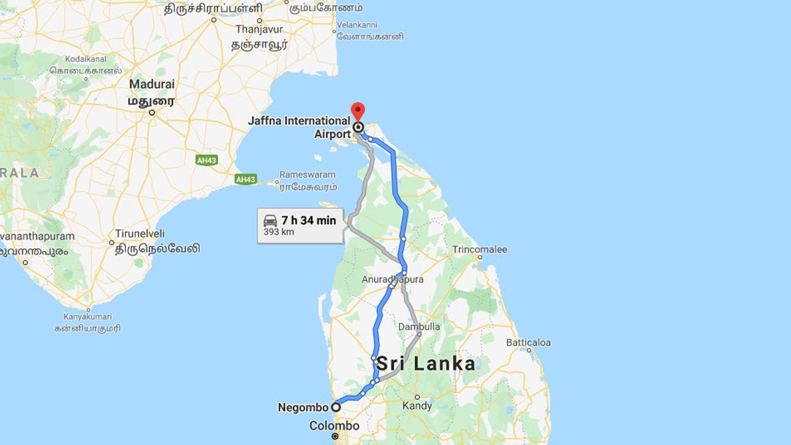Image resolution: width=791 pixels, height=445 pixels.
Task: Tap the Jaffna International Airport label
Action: pyautogui.click(x=299, y=127)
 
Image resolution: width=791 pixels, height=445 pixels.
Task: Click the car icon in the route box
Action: pyautogui.click(x=271, y=221)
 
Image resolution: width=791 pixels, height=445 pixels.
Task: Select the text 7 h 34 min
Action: pyautogui.click(x=308, y=221)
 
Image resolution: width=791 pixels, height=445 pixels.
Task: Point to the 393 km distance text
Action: pyautogui.click(x=279, y=232)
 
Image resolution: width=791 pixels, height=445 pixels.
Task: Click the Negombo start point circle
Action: pyautogui.click(x=336, y=407)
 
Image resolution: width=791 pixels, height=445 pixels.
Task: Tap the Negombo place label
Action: pyautogui.click(x=303, y=407)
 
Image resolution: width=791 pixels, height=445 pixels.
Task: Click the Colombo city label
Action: pyautogui.click(x=334, y=426)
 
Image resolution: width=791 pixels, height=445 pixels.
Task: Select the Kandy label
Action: pyautogui.click(x=417, y=406)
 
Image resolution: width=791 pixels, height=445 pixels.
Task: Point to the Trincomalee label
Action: pyautogui.click(x=480, y=250)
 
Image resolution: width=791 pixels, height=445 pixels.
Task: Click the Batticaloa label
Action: pyautogui.click(x=528, y=342)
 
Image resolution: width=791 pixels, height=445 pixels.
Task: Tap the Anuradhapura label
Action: pyautogui.click(x=393, y=279)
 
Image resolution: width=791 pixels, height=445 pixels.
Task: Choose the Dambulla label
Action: pyautogui.click(x=420, y=326)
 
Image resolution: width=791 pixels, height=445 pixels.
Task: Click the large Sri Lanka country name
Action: pyautogui.click(x=426, y=363)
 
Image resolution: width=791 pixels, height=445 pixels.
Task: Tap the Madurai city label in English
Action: pyautogui.click(x=151, y=84)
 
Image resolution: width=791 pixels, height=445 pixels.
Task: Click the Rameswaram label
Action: pyautogui.click(x=307, y=174)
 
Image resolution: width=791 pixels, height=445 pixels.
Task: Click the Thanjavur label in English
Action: pyautogui.click(x=259, y=29)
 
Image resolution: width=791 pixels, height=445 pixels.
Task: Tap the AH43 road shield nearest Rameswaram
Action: pyautogui.click(x=245, y=179)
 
